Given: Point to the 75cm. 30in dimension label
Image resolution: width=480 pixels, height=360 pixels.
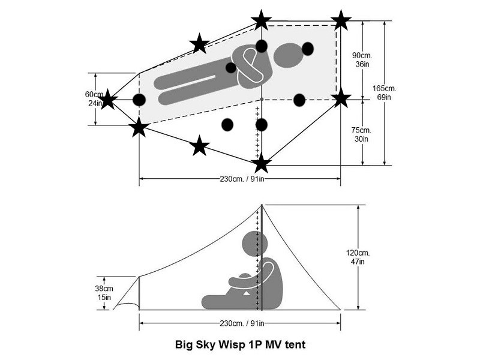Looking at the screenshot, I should pos(361,134).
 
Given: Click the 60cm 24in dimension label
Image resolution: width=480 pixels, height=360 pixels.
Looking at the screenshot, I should pos(94,98).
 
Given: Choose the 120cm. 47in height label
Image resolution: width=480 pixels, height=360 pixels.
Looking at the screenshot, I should pos(377,257).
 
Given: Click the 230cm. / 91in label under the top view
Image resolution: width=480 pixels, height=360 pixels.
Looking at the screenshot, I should pos(240,179).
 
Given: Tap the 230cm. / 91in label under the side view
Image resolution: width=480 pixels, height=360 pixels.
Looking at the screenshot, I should pos(240,325).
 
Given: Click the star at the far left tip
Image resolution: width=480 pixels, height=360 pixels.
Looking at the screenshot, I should pos(107,100).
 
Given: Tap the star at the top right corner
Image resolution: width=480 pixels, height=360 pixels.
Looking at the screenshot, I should pos(341,20).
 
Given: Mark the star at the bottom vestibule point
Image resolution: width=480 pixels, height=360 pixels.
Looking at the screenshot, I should pos(261,163).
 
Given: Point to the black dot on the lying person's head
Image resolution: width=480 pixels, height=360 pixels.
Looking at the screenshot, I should pos(308,49).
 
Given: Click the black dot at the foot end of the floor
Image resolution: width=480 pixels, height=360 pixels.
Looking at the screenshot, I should pos(139,100).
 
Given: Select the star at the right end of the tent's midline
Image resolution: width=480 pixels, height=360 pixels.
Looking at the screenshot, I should pos(341,97).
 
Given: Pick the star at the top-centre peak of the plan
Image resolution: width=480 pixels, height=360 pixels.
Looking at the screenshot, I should pos(261,20).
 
